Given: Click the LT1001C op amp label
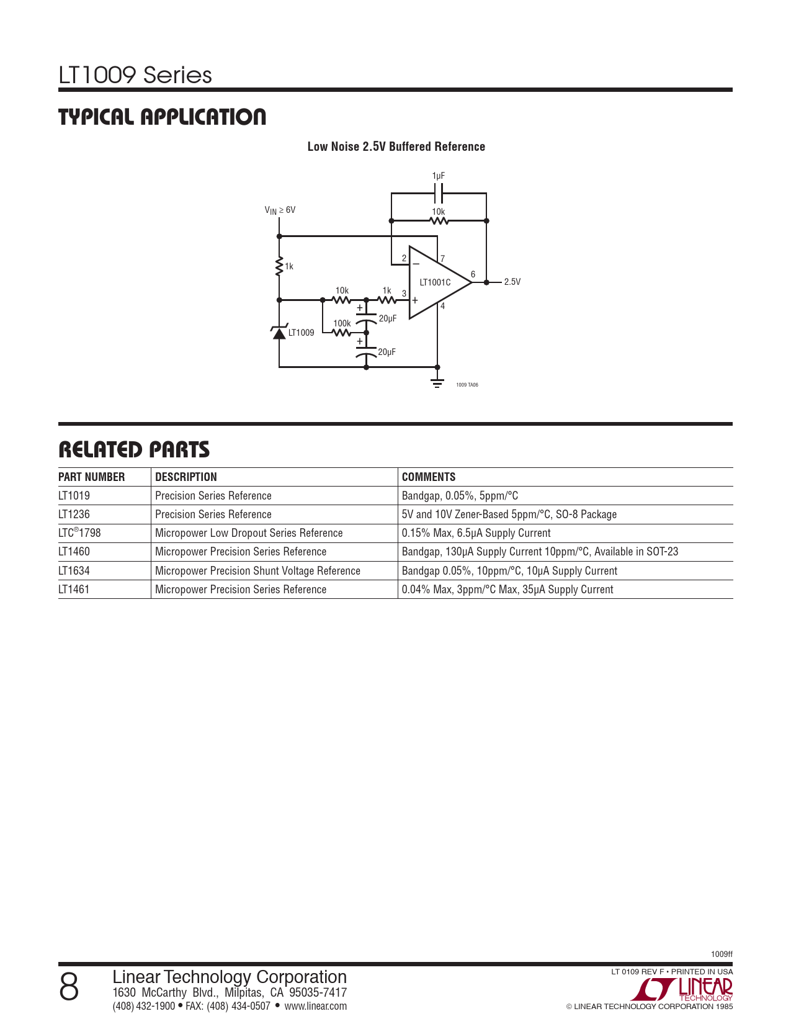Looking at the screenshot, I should [435, 282].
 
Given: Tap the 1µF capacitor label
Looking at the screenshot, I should [439, 176].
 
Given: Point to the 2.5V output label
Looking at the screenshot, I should [512, 282].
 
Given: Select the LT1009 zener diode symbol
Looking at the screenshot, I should [279, 332].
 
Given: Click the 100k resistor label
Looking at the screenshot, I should [342, 323].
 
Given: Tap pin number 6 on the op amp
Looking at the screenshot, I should [473, 274].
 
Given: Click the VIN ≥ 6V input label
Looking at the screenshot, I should [280, 210].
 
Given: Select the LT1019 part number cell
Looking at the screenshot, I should [74, 496].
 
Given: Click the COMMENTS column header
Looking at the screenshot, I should [429, 477].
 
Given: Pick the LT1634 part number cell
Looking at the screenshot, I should [74, 571].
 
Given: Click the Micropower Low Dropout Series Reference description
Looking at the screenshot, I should [249, 533].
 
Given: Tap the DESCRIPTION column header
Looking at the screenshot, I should [186, 477].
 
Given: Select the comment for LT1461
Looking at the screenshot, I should [507, 590].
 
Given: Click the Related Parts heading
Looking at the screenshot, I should [134, 450].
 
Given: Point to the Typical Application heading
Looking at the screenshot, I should [163, 117].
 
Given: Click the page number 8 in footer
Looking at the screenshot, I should [69, 987].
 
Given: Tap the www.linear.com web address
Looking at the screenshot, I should [315, 1006].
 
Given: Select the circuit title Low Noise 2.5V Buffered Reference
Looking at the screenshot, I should [396, 146].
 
